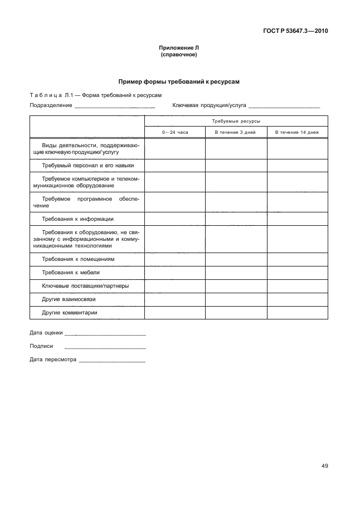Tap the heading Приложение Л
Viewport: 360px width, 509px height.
(x=179, y=49)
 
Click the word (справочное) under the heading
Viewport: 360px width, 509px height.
(x=179, y=55)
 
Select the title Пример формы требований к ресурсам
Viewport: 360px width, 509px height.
(x=179, y=81)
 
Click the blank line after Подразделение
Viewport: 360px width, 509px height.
(x=114, y=105)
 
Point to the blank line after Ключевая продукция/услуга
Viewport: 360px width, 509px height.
(x=284, y=105)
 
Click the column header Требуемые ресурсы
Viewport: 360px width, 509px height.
(x=236, y=120)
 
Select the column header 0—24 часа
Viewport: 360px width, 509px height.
(x=175, y=132)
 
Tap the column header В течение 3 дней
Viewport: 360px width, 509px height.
(x=236, y=132)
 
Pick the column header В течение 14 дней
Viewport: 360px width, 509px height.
(x=297, y=132)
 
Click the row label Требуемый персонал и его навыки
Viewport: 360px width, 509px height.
(x=87, y=166)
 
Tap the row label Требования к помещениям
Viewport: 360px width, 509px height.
(x=78, y=259)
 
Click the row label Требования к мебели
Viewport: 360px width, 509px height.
(x=71, y=273)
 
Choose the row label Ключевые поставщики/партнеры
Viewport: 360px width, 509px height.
(x=85, y=286)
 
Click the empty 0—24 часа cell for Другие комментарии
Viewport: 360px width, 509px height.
(x=175, y=313)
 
